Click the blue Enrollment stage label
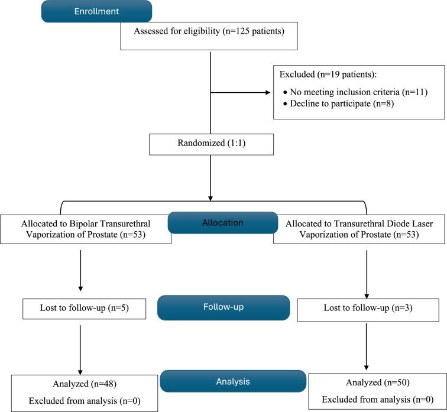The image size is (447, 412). pyautogui.click(x=96, y=11)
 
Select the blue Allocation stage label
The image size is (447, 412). pyautogui.click(x=223, y=223)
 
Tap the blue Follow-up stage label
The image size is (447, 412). pyautogui.click(x=223, y=307)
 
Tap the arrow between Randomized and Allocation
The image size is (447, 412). pyautogui.click(x=211, y=177)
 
